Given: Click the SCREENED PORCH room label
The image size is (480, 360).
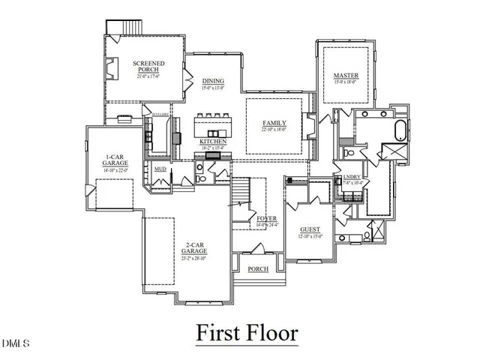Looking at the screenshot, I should (x=148, y=67).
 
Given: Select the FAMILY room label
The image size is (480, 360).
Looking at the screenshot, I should (x=274, y=122).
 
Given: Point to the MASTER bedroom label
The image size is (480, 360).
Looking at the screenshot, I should (x=346, y=76).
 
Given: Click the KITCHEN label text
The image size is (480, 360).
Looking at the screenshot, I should (x=213, y=142).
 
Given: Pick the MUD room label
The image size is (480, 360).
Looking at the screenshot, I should (x=160, y=169).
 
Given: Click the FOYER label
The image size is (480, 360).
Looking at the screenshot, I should (x=267, y=218).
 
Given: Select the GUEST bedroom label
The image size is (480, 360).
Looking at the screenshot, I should (x=310, y=229).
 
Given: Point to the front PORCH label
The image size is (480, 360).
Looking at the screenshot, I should (x=257, y=268).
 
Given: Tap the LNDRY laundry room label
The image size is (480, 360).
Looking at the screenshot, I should (x=352, y=177).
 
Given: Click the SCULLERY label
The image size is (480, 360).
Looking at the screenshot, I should (x=160, y=115).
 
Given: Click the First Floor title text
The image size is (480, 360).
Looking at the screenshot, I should (x=247, y=331).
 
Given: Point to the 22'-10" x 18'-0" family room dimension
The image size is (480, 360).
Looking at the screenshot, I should (x=274, y=129).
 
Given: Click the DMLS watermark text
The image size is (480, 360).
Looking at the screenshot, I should (x=15, y=344).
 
